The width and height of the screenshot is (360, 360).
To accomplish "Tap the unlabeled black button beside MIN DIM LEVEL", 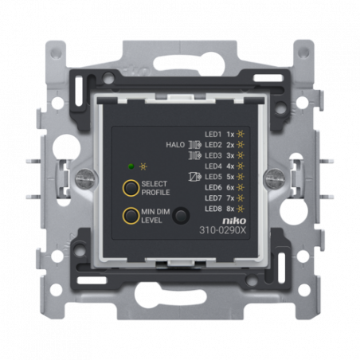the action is [181, 215].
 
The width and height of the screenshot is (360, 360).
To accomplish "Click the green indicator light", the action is [131, 166].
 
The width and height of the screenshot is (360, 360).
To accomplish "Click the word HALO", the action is [175, 145].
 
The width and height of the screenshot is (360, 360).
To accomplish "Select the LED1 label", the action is [213, 135].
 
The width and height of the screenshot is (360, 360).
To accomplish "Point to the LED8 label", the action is [213, 209].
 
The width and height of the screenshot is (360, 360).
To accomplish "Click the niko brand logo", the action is [234, 221].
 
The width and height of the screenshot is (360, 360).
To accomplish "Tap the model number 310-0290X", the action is [223, 230].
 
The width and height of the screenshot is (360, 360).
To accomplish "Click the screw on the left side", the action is [85, 177].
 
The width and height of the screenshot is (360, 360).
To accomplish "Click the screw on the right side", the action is [276, 177].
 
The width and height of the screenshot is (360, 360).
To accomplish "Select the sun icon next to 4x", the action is [241, 166].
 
